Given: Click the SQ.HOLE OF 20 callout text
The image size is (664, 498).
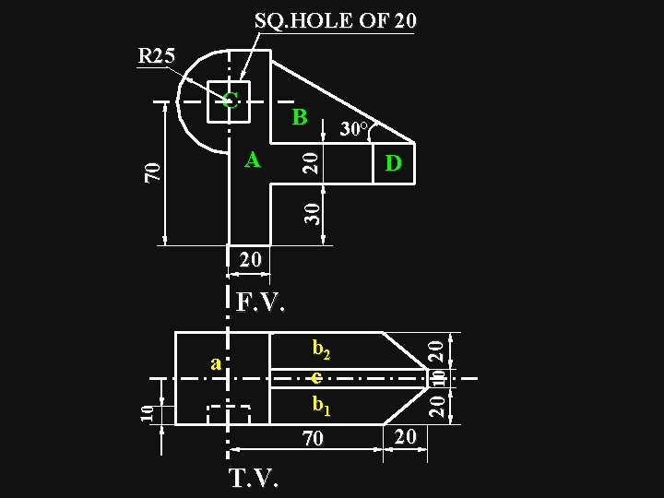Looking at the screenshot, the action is click(x=335, y=20).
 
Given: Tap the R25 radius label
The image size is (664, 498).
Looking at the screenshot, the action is click(x=156, y=55).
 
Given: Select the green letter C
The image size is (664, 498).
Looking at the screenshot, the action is click(x=231, y=100).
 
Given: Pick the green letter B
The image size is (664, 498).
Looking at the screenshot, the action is click(x=299, y=118).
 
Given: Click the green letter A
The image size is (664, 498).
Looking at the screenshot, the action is click(x=252, y=160).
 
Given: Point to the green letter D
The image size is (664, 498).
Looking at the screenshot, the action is click(x=394, y=164).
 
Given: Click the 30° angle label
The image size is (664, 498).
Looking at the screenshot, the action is click(x=355, y=129).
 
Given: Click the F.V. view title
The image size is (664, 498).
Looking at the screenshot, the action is click(x=260, y=302).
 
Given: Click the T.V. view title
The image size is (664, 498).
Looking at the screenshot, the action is click(x=255, y=478).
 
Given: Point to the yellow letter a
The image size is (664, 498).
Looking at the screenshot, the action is click(x=216, y=363).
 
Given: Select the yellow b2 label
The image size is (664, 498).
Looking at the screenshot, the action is click(x=321, y=350).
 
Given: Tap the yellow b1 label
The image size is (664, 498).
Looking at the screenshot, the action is click(x=321, y=404).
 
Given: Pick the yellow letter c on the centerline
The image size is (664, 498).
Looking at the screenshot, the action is click(x=316, y=377).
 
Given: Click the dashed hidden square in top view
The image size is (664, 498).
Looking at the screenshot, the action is click(x=229, y=415).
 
